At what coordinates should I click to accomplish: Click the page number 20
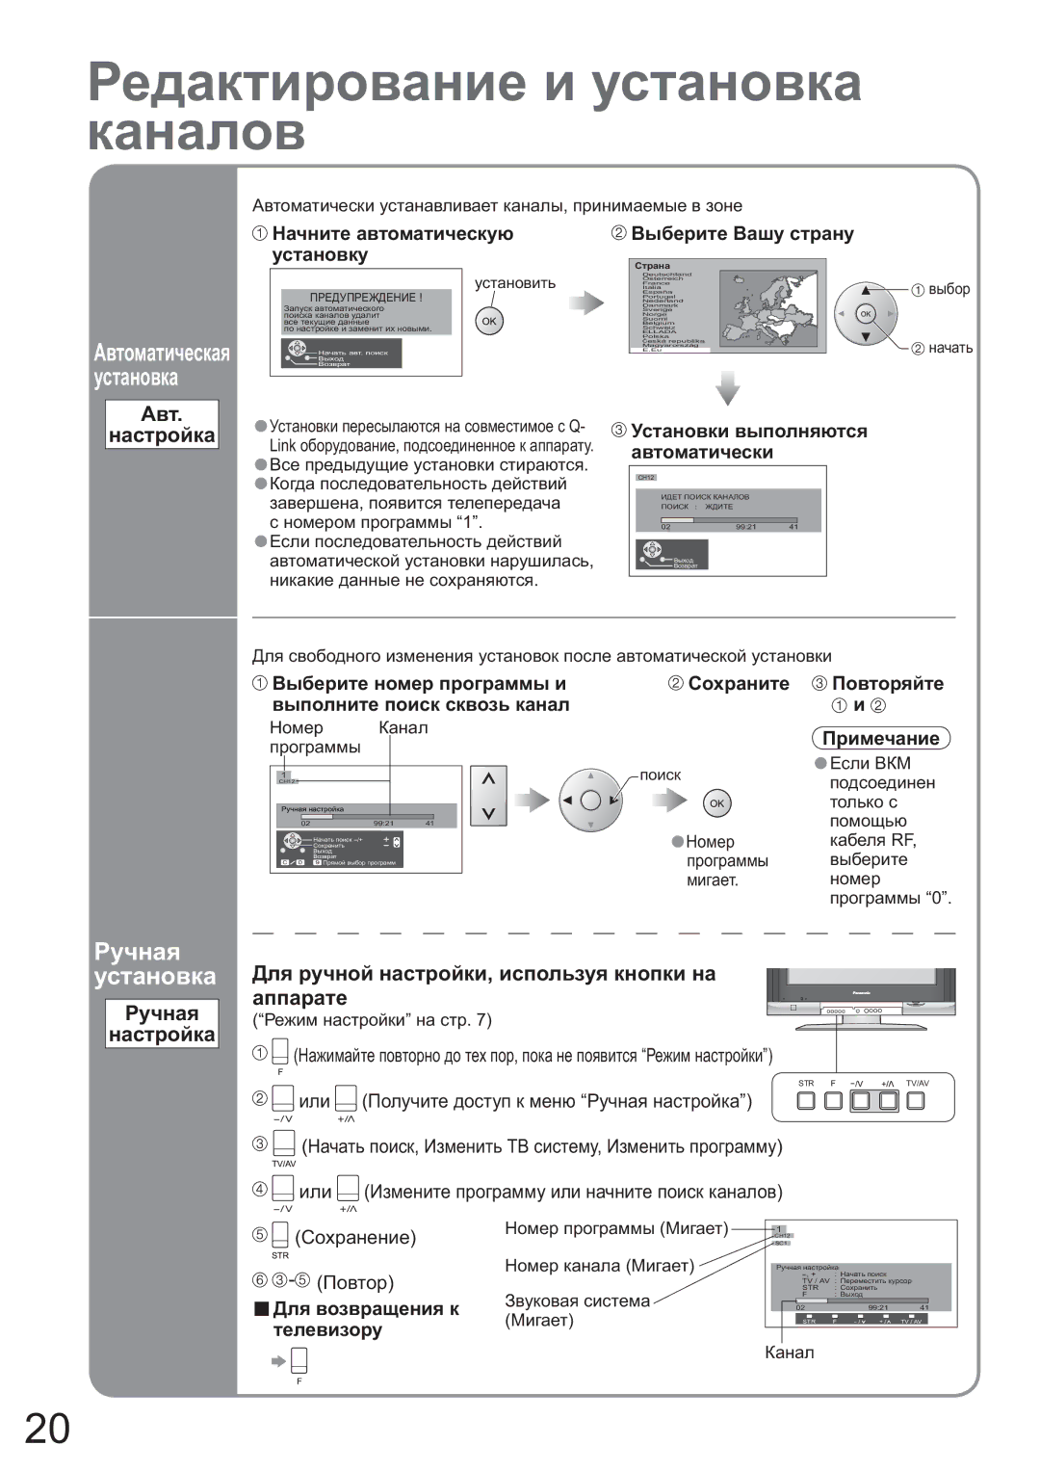(x=46, y=1428)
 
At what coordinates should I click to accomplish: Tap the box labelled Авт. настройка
(x=162, y=425)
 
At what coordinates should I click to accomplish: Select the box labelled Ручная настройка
(x=162, y=1024)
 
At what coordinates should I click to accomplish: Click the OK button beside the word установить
(x=489, y=322)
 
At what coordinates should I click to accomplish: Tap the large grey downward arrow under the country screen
(x=728, y=388)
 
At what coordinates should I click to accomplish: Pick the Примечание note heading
(x=880, y=739)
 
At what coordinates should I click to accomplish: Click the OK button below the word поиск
(x=716, y=803)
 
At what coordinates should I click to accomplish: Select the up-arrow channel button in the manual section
(x=488, y=779)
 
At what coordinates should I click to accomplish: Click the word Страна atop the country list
(x=652, y=266)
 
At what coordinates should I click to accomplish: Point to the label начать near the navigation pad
(x=949, y=349)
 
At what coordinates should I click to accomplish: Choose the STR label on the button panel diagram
(x=806, y=1084)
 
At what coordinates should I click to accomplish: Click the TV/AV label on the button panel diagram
(x=917, y=1084)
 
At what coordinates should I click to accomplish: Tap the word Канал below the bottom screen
(x=789, y=1353)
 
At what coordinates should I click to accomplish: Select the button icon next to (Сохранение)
(x=280, y=1235)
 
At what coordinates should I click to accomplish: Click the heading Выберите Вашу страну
(x=741, y=234)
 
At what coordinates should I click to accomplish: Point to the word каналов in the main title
(x=196, y=132)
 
